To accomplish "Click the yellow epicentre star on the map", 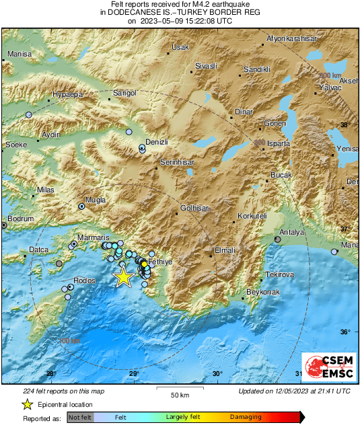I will pos(122,276).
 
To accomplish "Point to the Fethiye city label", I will pos(160,261).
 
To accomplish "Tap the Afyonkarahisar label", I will pos(291,38).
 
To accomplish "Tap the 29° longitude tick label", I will pos(133,374).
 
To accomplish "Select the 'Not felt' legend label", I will pos(81,418).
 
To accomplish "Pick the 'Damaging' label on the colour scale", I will pos(246,418).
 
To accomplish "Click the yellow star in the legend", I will pos(27,404).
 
